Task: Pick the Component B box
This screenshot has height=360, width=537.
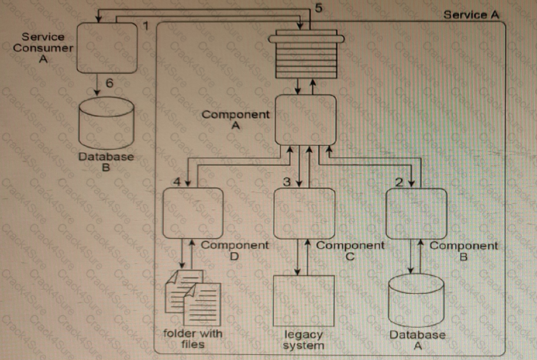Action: (416, 213)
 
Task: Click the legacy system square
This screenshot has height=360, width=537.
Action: (304, 301)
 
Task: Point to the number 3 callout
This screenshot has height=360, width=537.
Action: (287, 181)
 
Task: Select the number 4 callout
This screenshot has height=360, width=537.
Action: (176, 181)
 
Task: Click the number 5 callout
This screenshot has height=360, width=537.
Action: (318, 8)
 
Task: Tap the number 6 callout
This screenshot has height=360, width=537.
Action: (109, 84)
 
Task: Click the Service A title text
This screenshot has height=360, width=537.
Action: (471, 15)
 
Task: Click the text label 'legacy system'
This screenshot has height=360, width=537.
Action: (303, 340)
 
